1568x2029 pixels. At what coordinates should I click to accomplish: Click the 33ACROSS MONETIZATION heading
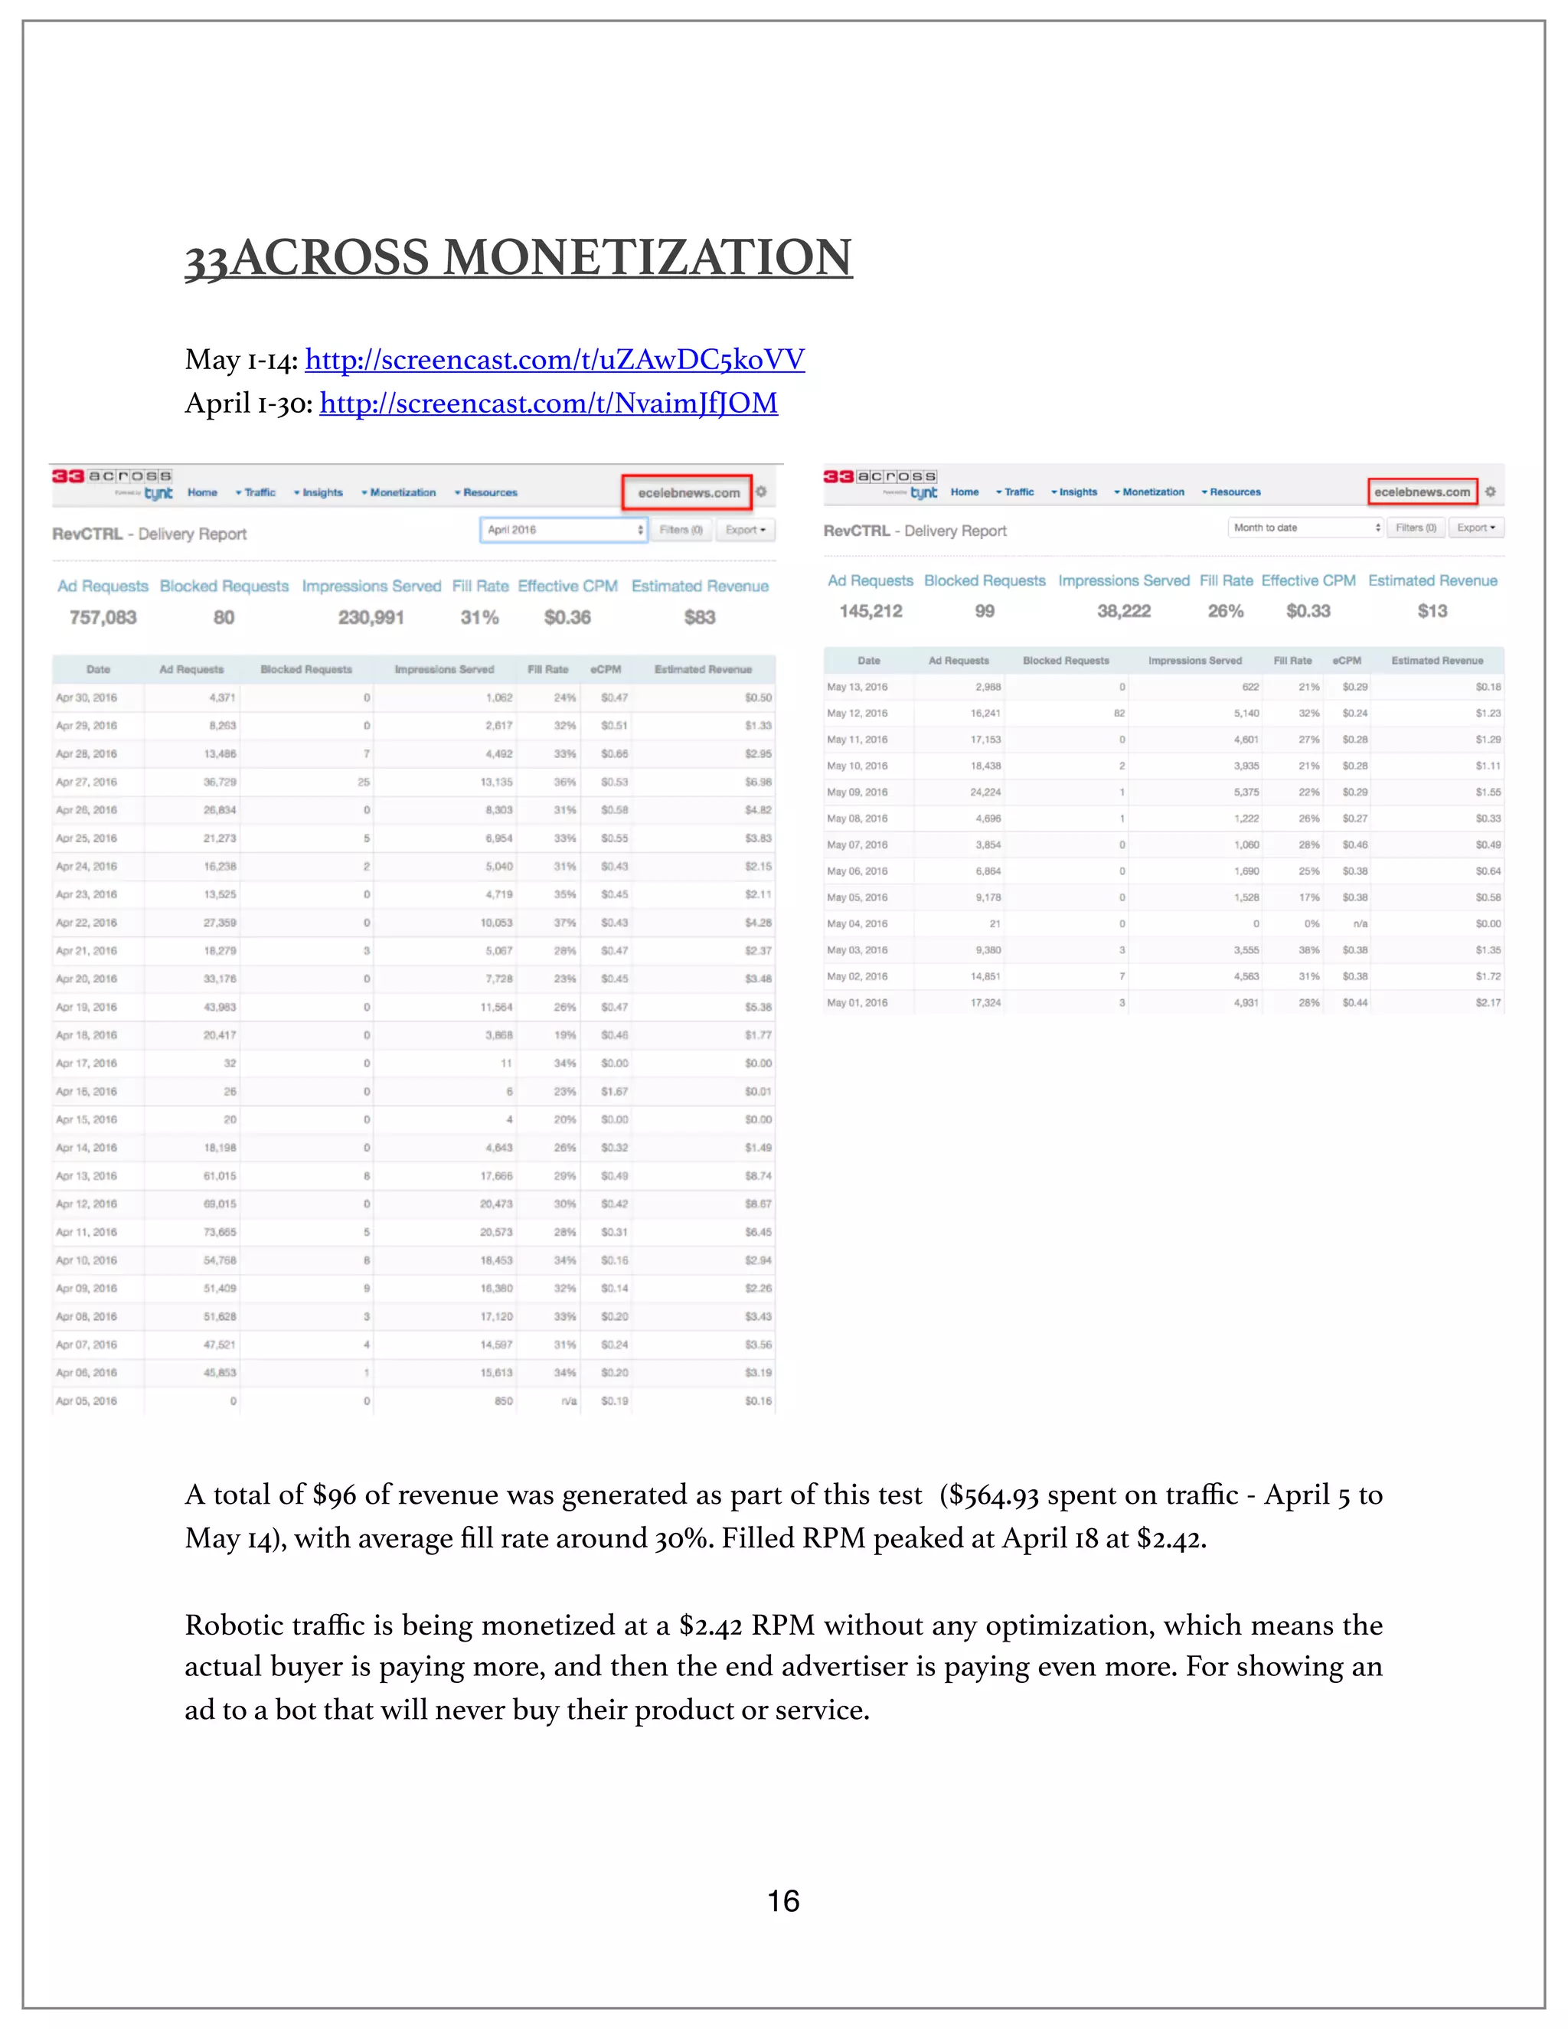(x=518, y=257)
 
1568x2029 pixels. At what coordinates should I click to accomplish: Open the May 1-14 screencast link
(x=554, y=360)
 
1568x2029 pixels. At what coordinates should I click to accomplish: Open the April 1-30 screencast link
(x=548, y=404)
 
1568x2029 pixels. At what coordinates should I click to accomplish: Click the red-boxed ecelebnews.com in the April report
(x=688, y=492)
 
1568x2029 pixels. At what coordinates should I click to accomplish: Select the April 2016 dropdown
(x=563, y=530)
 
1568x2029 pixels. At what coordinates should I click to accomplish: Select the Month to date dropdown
(x=1305, y=528)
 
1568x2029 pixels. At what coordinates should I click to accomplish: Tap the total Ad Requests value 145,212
(x=871, y=611)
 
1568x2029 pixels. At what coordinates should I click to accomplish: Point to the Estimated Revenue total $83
(x=700, y=617)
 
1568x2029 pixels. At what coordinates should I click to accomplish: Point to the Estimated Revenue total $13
(x=1432, y=611)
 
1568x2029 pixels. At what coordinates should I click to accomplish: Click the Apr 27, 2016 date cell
(x=87, y=783)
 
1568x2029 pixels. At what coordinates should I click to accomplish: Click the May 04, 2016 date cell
(x=857, y=923)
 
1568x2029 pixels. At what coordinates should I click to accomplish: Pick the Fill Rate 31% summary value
(x=479, y=617)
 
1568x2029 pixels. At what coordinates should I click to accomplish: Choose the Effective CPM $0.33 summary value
(x=1308, y=611)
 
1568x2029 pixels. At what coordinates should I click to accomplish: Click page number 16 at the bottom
(x=783, y=1901)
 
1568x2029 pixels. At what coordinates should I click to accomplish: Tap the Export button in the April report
(x=745, y=530)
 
